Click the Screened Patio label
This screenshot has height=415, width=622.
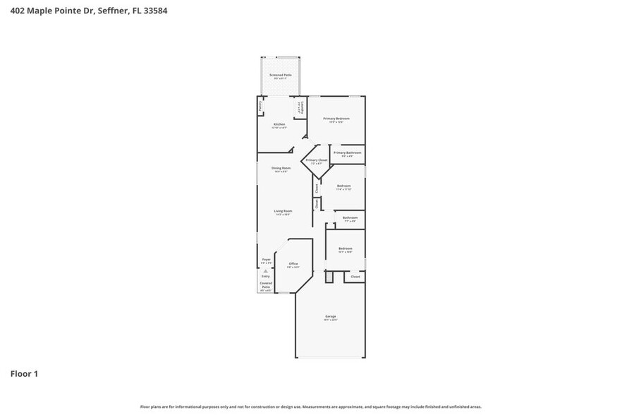[x=281, y=75]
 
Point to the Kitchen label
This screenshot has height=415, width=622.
[x=279, y=124]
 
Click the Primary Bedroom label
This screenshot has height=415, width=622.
[x=336, y=119]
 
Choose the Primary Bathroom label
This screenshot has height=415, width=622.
[x=347, y=152]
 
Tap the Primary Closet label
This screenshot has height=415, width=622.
[x=317, y=160]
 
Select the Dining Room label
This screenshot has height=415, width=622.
[x=281, y=168]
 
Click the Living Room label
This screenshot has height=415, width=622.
[x=283, y=210]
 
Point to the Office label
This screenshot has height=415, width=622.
[x=293, y=264]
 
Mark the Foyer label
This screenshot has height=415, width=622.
[x=266, y=260]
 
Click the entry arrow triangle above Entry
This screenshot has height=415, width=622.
[x=266, y=270]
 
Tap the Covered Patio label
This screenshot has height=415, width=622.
[x=266, y=285]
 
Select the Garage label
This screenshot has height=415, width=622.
[x=331, y=316]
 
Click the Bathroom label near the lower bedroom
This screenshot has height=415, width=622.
[x=350, y=218]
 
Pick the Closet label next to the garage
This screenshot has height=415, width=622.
[x=355, y=277]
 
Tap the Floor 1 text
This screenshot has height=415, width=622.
[x=24, y=373]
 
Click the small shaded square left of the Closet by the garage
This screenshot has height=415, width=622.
[x=329, y=276]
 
